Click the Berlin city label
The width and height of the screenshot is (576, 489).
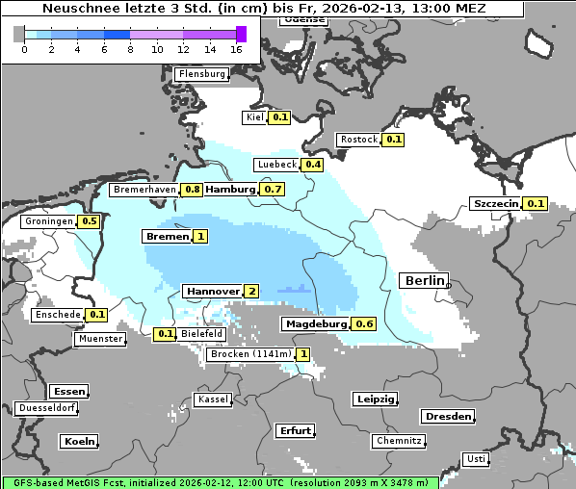click(x=424, y=281)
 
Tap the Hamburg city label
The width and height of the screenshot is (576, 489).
click(x=231, y=190)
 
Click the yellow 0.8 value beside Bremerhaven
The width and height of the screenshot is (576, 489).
click(x=193, y=190)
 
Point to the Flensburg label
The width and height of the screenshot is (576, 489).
click(x=202, y=74)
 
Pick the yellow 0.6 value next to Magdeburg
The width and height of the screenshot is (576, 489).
click(x=364, y=324)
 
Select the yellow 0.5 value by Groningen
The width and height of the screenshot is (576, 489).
click(x=90, y=221)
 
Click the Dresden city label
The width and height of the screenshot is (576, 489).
click(x=447, y=417)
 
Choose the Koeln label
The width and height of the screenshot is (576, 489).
click(x=79, y=442)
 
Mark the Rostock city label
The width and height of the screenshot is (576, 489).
click(x=359, y=140)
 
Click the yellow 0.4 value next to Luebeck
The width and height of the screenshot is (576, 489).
click(x=313, y=165)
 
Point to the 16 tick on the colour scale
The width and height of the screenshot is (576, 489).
click(x=237, y=49)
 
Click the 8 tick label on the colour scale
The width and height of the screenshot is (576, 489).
click(x=129, y=49)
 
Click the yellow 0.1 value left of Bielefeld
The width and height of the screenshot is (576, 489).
click(x=165, y=334)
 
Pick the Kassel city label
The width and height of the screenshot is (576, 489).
click(x=212, y=399)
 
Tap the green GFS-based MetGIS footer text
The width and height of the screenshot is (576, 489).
click(x=220, y=481)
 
